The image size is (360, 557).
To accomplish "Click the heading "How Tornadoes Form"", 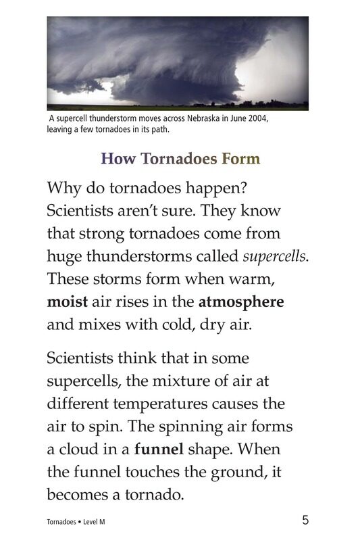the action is (x=180, y=160).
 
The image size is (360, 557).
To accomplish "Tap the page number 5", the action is (x=306, y=520).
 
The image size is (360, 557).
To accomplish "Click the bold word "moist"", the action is (x=68, y=301).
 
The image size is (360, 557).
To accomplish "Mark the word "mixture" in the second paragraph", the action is (x=182, y=381).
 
